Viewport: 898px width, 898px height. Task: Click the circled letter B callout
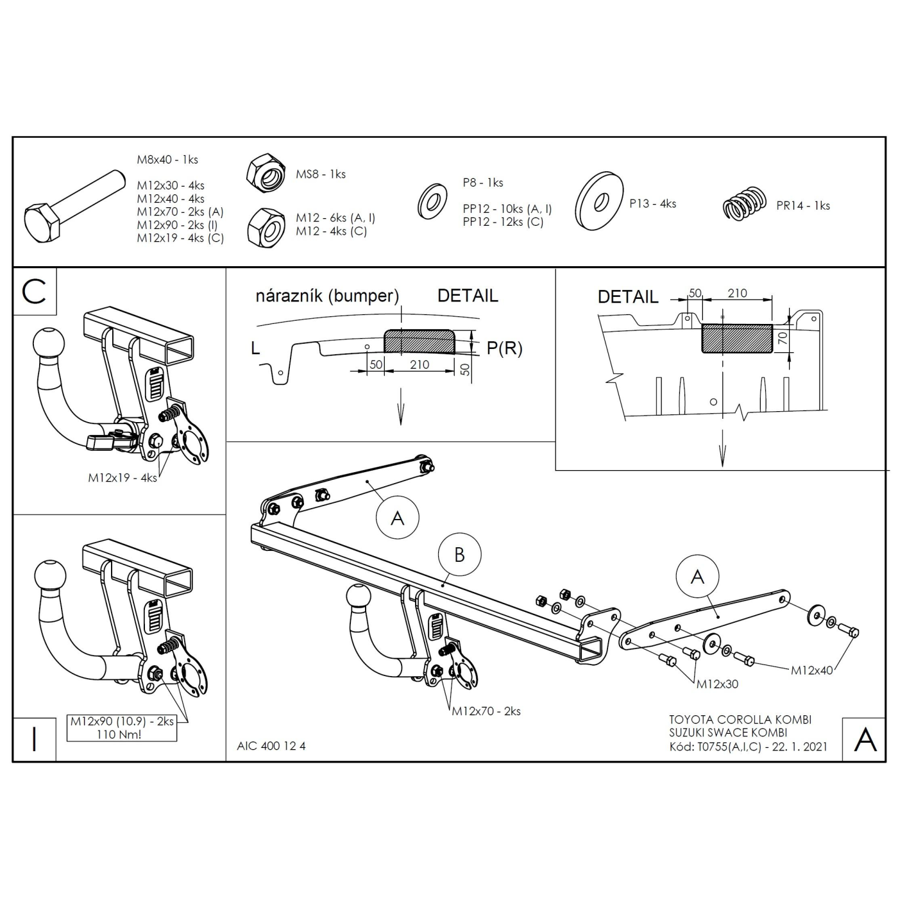tap(459, 555)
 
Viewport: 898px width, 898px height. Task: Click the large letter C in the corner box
tap(33, 292)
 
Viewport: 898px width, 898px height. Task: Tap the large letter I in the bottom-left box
tap(34, 740)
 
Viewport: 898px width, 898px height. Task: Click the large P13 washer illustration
tap(598, 201)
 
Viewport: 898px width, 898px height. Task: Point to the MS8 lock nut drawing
tap(266, 173)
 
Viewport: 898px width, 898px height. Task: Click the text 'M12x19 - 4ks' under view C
tap(123, 478)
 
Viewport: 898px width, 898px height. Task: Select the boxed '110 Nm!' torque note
tap(119, 734)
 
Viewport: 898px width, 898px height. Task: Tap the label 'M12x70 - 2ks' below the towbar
tap(486, 711)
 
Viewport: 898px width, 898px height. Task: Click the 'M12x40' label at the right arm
tap(812, 670)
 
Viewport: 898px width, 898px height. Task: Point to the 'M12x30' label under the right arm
tap(717, 684)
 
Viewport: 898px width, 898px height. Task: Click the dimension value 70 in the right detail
tap(783, 338)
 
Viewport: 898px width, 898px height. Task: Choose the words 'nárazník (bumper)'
tap(327, 296)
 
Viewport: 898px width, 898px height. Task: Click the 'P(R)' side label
tap(505, 348)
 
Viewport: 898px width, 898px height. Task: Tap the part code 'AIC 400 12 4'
tap(271, 745)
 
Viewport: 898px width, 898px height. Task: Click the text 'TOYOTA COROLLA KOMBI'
tap(740, 720)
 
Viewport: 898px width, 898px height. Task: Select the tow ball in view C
tap(49, 344)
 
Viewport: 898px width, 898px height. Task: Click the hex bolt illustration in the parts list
tap(74, 207)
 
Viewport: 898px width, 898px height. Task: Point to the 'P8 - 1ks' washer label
tap(483, 183)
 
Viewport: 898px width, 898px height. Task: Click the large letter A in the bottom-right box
tap(865, 740)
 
